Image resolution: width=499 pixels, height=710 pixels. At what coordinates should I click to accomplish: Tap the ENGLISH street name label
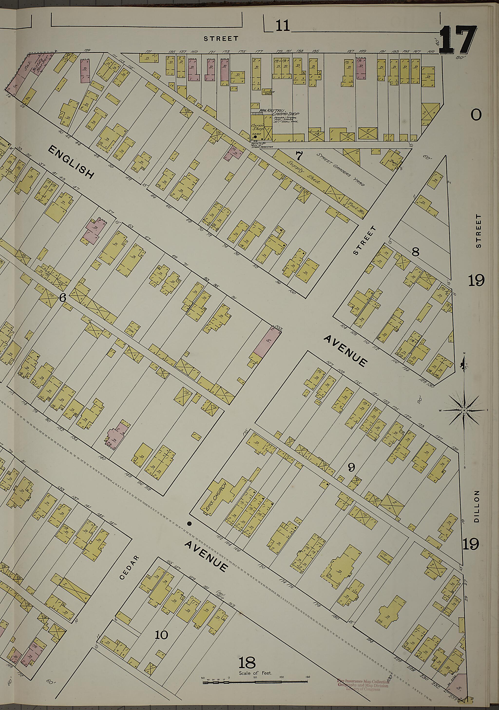click(71, 162)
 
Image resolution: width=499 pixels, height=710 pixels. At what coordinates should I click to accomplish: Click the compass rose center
click(464, 410)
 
